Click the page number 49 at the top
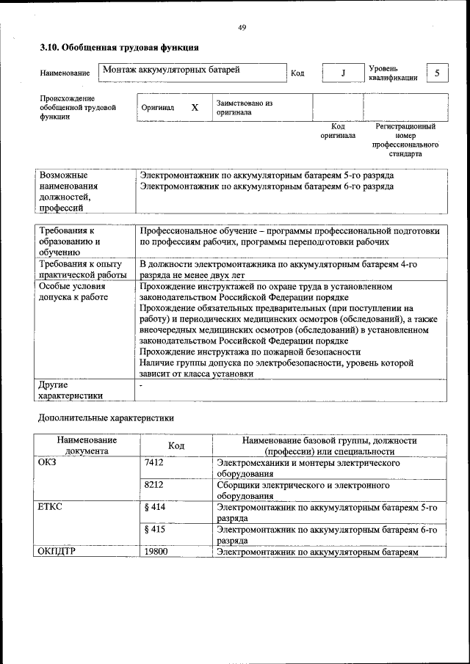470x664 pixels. click(x=242, y=28)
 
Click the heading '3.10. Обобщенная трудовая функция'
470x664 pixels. click(x=118, y=48)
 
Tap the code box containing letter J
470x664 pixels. click(x=342, y=73)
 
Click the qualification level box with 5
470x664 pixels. click(x=437, y=73)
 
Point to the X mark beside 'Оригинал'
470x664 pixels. click(x=195, y=108)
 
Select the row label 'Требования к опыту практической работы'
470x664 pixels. click(x=84, y=268)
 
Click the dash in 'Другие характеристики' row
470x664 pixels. click(x=141, y=384)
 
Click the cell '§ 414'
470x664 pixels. click(x=155, y=507)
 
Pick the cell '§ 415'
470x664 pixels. click(x=155, y=529)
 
